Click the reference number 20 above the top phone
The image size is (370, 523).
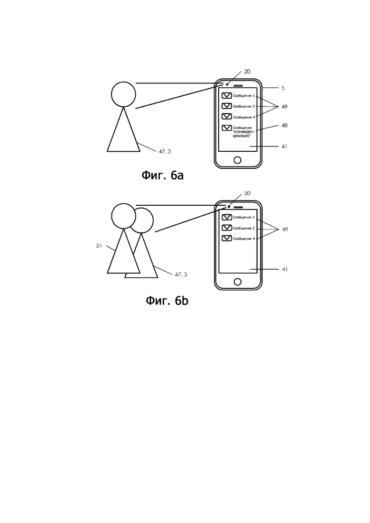(x=247, y=72)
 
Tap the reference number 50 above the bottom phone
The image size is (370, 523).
(x=247, y=193)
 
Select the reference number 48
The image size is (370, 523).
(x=284, y=125)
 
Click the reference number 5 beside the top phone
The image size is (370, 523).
(x=283, y=88)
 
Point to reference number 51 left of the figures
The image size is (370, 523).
(x=99, y=246)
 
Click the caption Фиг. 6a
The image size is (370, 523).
(x=163, y=175)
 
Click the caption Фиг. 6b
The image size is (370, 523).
(x=167, y=301)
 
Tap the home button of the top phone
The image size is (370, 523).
(x=238, y=160)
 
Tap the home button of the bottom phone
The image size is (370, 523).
(x=238, y=282)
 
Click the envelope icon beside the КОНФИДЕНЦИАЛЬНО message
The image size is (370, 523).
(x=227, y=128)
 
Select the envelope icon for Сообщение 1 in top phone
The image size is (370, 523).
(x=227, y=96)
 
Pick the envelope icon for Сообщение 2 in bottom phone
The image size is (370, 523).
(x=227, y=228)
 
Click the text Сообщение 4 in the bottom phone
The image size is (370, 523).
(x=244, y=239)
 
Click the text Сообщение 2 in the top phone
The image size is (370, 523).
(x=244, y=106)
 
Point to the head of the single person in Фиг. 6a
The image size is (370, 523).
(x=123, y=94)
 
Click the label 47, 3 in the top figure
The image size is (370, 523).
(x=165, y=151)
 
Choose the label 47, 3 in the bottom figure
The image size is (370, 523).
(x=181, y=275)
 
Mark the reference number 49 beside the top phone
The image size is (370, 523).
(x=284, y=107)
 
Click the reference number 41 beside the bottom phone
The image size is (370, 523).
(x=284, y=269)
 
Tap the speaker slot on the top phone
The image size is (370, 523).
(x=238, y=86)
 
